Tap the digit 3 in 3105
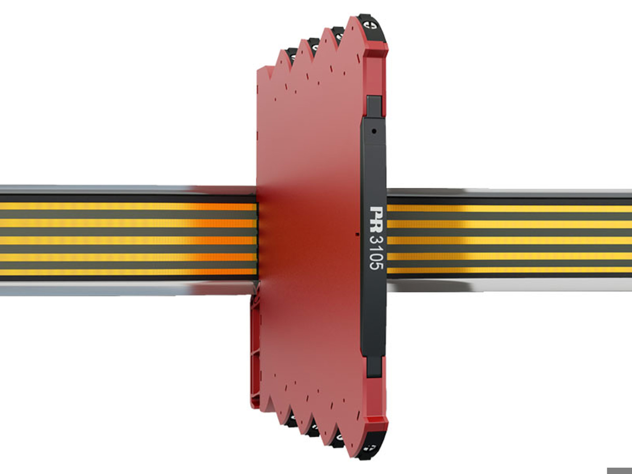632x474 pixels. [x=376, y=240]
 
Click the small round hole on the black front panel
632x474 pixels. [x=374, y=131]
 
